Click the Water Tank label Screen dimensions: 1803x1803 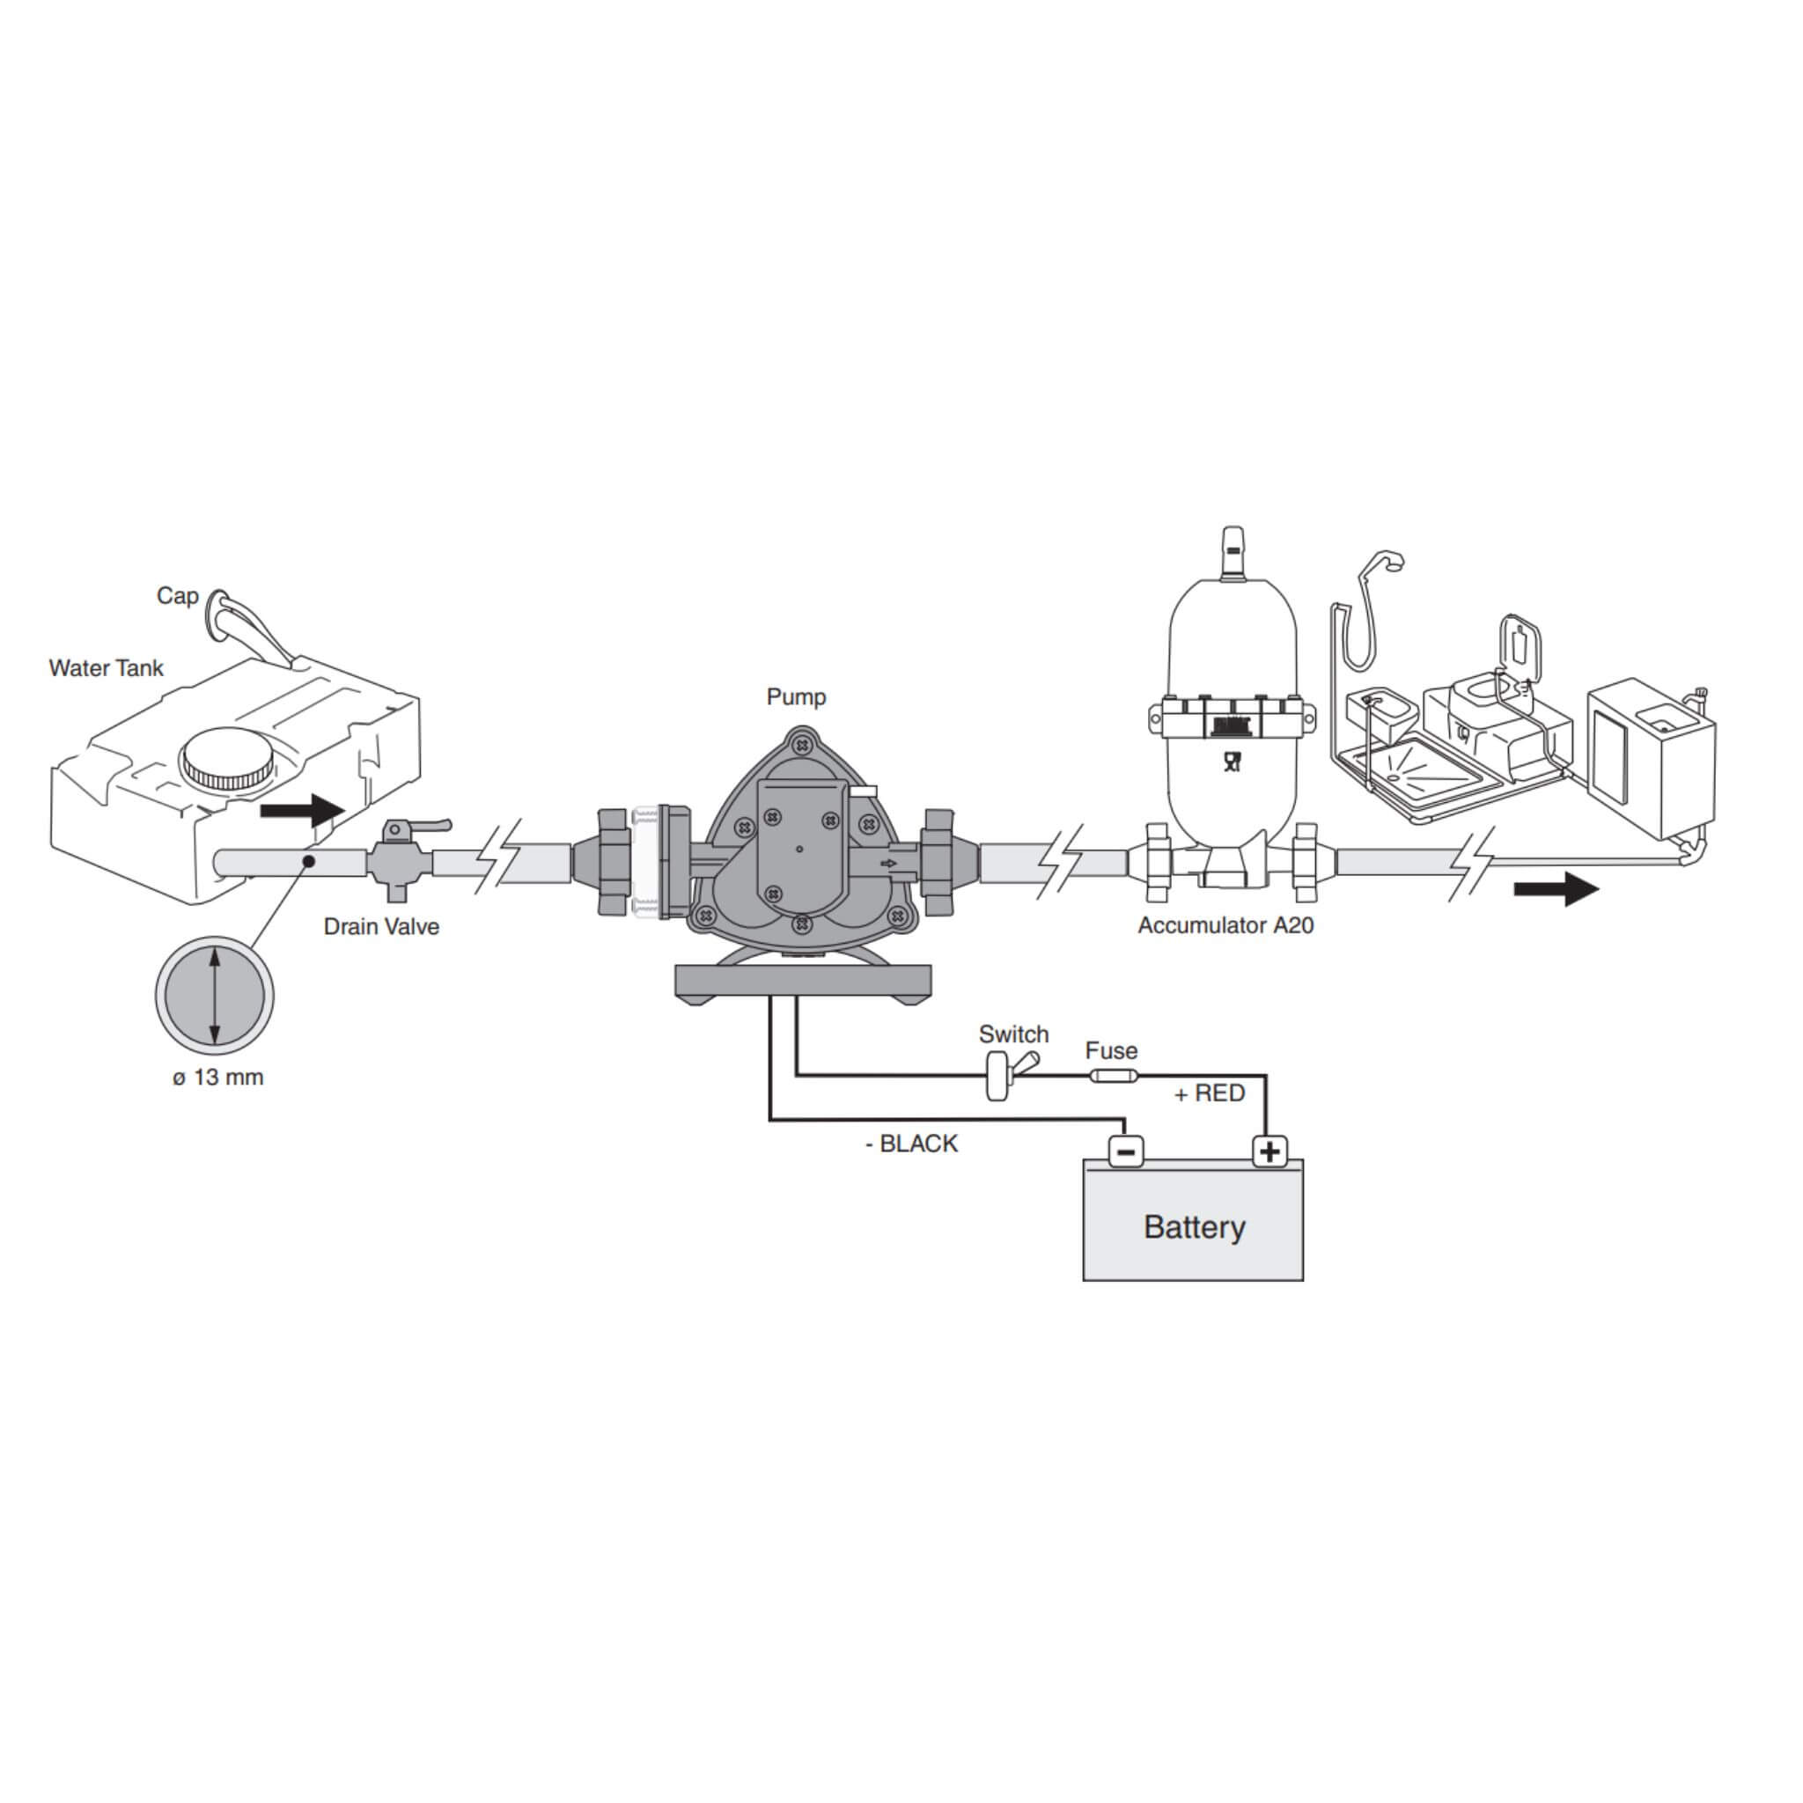click(x=106, y=668)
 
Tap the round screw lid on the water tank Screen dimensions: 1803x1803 click(x=228, y=761)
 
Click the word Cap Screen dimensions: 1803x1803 click(x=177, y=595)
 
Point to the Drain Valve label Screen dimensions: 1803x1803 click(x=380, y=927)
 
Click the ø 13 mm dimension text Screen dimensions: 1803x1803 click(x=217, y=1077)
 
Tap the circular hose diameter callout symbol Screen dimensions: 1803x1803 click(x=215, y=996)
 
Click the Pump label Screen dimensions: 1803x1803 click(x=796, y=696)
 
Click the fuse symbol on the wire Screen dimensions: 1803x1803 click(x=1113, y=1076)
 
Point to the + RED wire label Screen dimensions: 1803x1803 click(x=1210, y=1093)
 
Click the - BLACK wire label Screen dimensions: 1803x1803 click(x=911, y=1144)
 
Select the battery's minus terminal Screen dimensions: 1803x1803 click(x=1125, y=1152)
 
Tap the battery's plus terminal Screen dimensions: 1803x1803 click(x=1269, y=1152)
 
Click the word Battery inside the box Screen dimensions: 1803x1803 click(x=1194, y=1226)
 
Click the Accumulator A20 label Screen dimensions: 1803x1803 click(x=1225, y=926)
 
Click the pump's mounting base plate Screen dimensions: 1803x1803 click(x=803, y=981)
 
